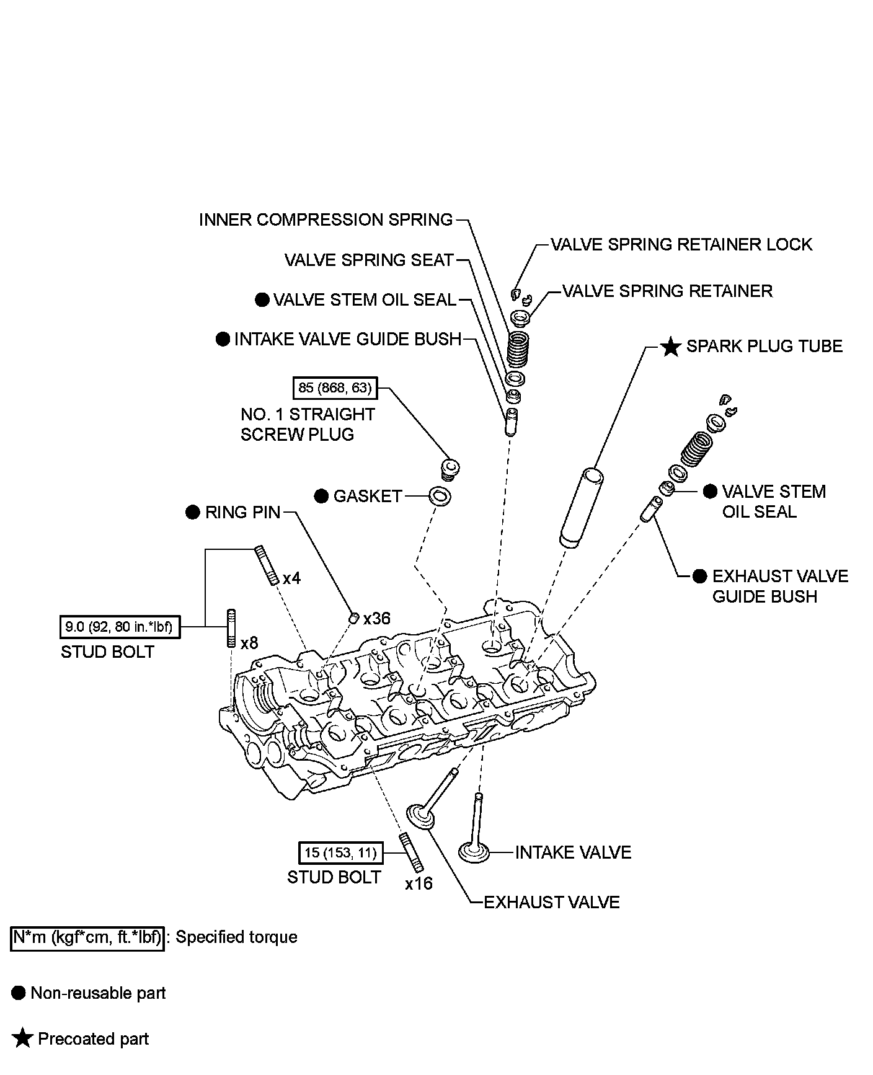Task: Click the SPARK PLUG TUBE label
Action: [764, 347]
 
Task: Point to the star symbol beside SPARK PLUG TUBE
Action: [670, 347]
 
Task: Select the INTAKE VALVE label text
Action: [572, 852]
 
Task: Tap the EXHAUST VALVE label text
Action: [551, 902]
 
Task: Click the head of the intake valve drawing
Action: [474, 852]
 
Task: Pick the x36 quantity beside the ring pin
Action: [377, 619]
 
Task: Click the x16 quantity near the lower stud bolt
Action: [419, 883]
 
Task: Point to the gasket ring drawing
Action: [440, 496]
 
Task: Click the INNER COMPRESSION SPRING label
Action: [326, 220]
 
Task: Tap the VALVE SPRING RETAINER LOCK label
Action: [681, 244]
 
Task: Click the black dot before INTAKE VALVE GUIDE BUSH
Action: [223, 339]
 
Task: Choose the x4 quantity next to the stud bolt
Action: [291, 578]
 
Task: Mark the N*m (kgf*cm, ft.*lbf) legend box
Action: [87, 937]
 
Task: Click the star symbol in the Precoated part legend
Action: [22, 1039]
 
